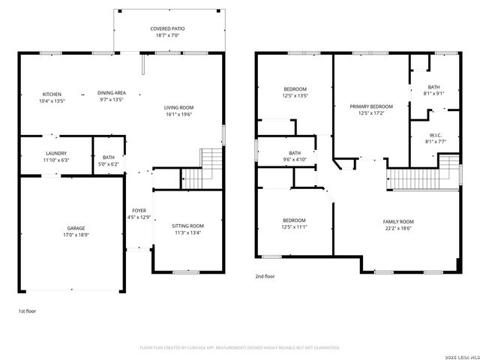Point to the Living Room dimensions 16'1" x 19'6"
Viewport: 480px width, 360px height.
[178, 115]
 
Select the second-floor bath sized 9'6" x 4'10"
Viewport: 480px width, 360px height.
[295, 156]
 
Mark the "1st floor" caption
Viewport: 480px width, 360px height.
[27, 310]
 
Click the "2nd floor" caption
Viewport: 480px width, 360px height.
[265, 276]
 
